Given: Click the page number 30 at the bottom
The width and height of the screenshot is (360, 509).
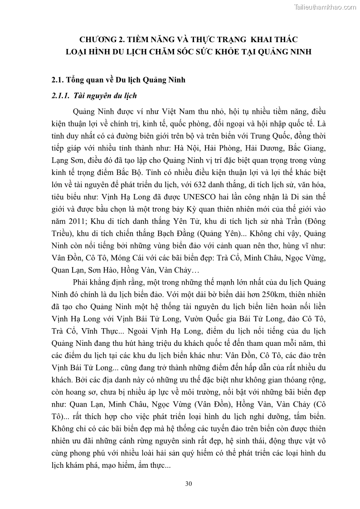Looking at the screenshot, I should [189, 484].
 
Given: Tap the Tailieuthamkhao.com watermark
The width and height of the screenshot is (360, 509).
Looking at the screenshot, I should [325, 6].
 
